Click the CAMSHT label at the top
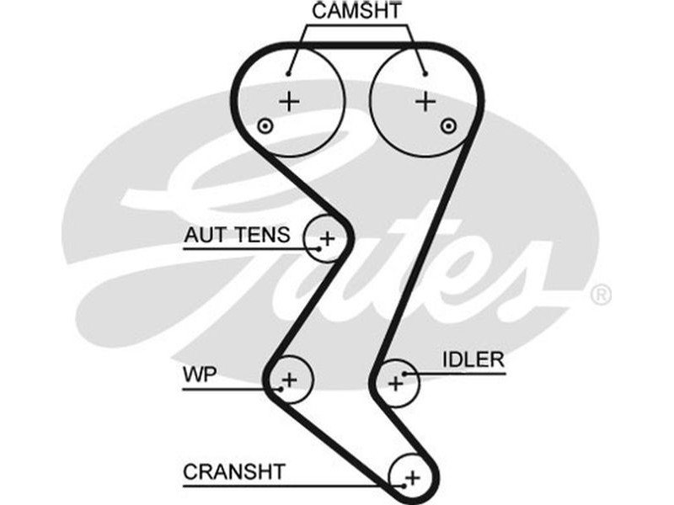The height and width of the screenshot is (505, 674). [x=357, y=12]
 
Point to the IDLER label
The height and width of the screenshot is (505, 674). [x=473, y=359]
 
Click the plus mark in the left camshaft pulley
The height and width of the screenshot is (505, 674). [x=290, y=102]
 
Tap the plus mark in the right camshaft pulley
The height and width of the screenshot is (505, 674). [x=426, y=102]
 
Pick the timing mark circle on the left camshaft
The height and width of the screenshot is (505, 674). [x=265, y=126]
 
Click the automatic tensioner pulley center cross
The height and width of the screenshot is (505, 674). [x=328, y=238]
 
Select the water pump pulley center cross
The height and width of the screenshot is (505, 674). [x=290, y=380]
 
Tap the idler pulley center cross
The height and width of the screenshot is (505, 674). [x=395, y=384]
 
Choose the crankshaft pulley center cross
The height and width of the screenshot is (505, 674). [x=412, y=478]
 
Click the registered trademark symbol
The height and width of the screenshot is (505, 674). [x=601, y=295]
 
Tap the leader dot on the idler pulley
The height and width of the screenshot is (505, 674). [x=405, y=372]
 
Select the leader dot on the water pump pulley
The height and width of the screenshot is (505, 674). [x=279, y=388]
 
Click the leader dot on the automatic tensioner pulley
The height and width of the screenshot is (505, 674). [x=318, y=248]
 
